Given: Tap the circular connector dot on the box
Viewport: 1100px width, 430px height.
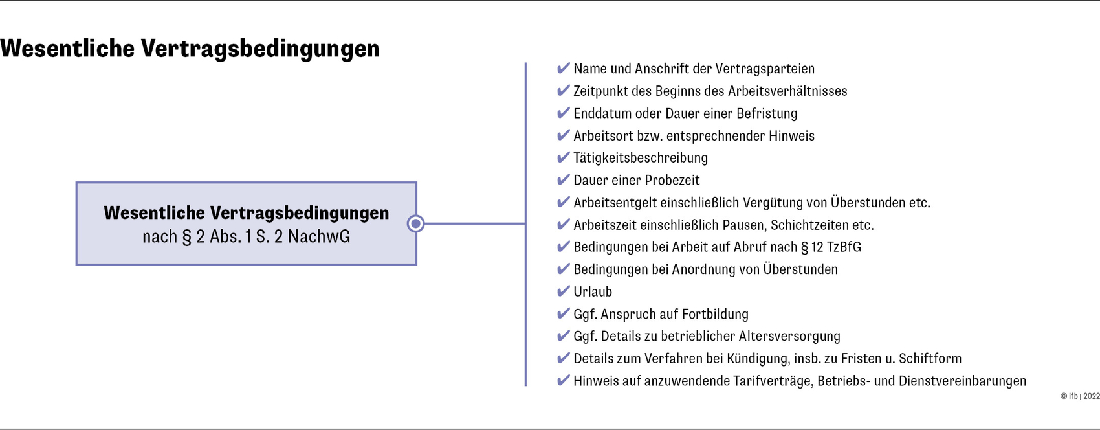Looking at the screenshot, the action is [x=415, y=223].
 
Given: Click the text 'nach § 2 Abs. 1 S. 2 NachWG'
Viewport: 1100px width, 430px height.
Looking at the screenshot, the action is [x=246, y=237].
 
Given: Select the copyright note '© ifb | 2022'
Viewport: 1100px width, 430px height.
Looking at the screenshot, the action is [x=1080, y=396].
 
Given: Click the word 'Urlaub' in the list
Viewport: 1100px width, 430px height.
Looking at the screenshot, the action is [x=593, y=292].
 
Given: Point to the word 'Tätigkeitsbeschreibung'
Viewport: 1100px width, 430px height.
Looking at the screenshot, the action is [x=641, y=158].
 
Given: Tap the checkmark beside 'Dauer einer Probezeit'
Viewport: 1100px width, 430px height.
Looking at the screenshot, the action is [x=563, y=180].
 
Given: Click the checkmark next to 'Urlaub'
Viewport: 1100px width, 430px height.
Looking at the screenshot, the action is [x=563, y=291].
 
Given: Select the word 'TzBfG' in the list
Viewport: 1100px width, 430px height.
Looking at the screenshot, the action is [x=844, y=247].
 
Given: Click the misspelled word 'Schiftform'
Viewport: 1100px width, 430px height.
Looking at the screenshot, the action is [x=930, y=359].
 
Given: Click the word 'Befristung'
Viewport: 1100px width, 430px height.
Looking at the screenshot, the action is [x=767, y=113].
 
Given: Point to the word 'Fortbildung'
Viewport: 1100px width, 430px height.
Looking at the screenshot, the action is [x=715, y=315].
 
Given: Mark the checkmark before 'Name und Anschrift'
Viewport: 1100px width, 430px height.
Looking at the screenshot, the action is [x=563, y=68].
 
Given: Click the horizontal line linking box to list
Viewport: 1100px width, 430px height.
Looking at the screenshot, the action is [x=475, y=223].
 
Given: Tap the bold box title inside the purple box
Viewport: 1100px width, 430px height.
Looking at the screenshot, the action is [x=246, y=213].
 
